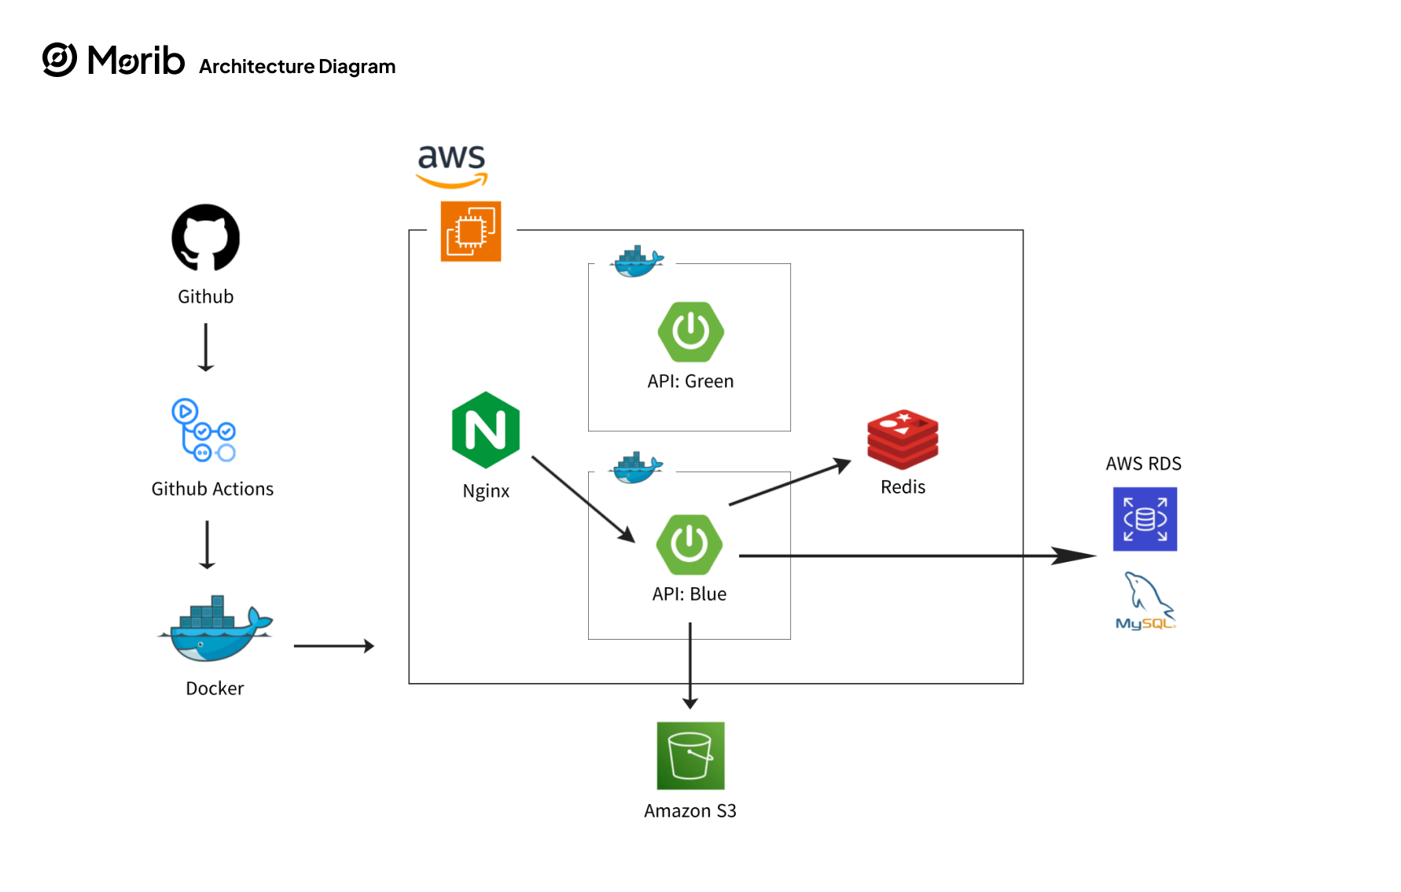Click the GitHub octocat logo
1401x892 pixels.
206,238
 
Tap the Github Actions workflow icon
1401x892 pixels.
204,431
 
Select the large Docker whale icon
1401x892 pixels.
215,630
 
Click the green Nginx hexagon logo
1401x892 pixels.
486,430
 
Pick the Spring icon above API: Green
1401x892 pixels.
691,332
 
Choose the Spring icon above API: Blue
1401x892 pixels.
689,544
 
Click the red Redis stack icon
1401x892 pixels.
903,439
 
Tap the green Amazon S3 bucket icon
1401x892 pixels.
690,755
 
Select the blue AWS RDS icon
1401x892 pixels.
1145,519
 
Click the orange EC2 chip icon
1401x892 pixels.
471,231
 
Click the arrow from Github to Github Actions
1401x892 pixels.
206,347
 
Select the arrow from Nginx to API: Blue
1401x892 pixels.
583,499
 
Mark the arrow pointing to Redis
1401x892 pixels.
789,482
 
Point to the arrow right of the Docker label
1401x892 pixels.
333,646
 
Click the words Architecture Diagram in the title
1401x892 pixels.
297,67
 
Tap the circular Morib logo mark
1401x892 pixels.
60,60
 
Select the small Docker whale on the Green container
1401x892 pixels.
637,262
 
